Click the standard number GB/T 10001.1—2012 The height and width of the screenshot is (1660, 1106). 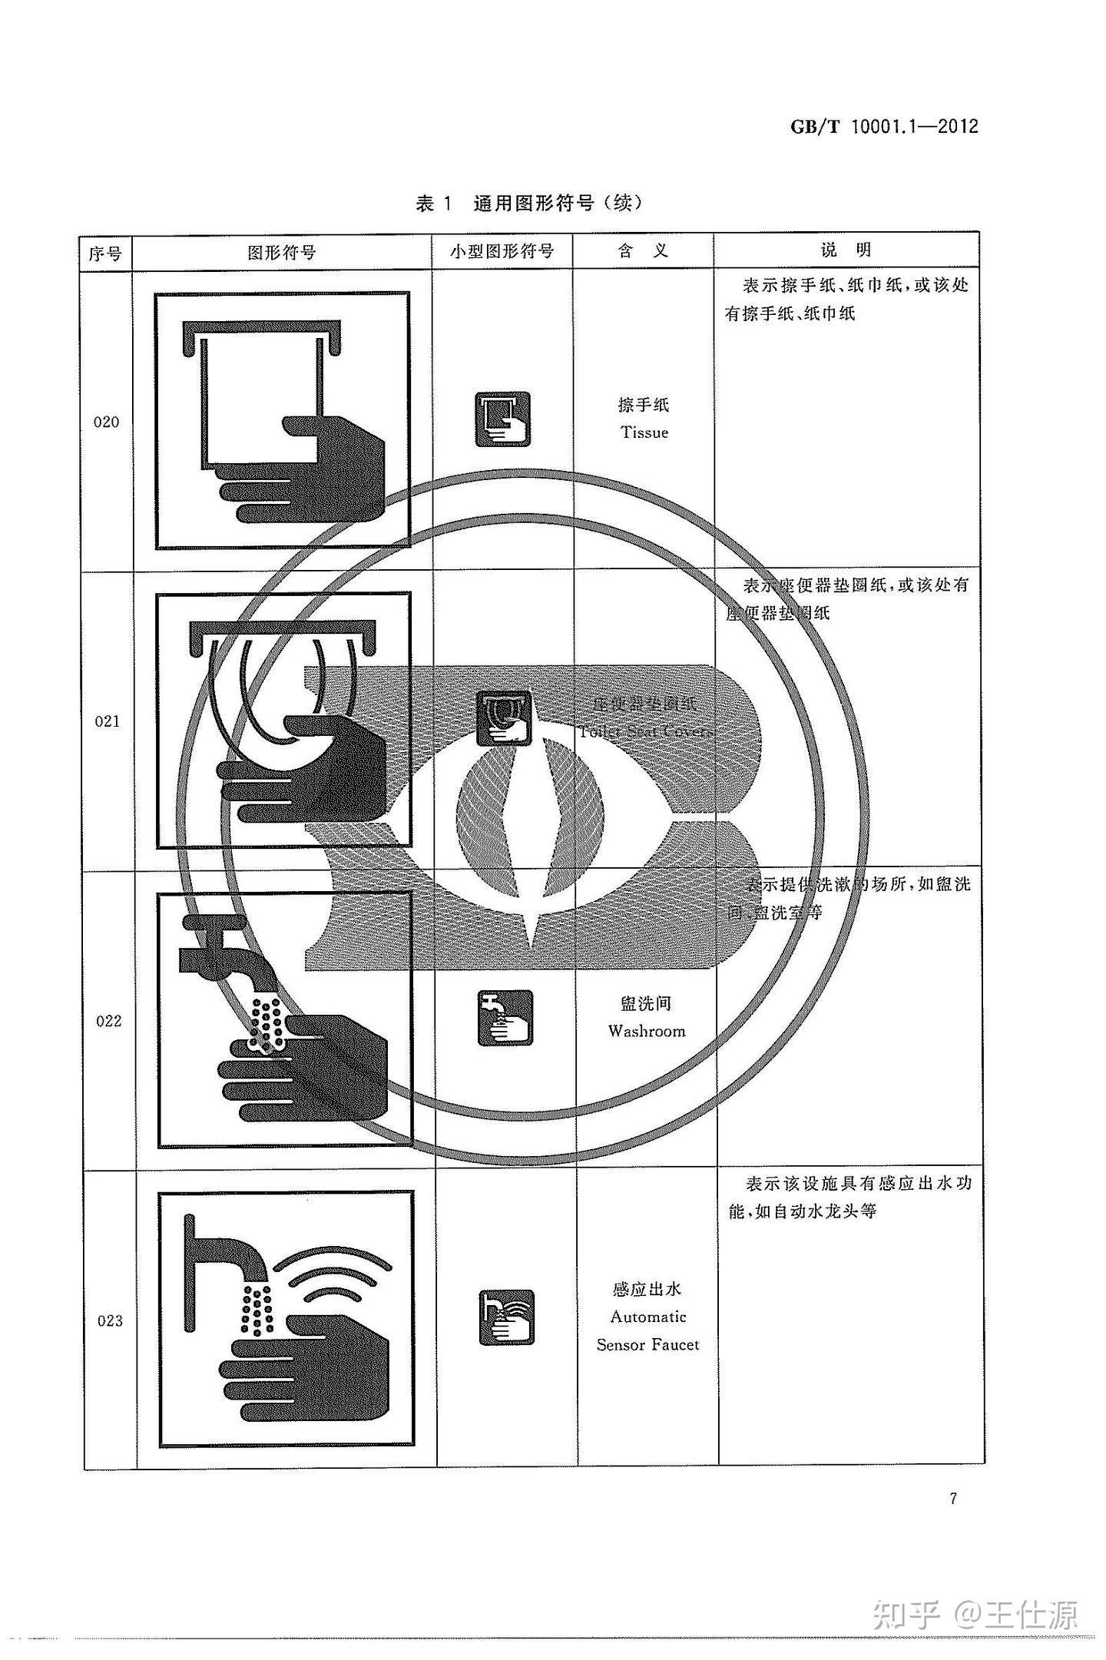[x=884, y=127]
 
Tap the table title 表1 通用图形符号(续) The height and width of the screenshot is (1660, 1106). [x=528, y=204]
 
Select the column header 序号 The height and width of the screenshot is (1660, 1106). [x=105, y=253]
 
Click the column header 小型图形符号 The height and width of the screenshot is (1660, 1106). [x=502, y=251]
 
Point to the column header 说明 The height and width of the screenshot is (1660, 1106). [x=846, y=250]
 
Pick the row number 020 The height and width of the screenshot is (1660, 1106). [x=106, y=422]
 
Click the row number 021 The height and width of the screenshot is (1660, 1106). [x=107, y=721]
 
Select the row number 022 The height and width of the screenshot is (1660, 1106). [x=108, y=1021]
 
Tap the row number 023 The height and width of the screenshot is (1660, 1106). [x=110, y=1320]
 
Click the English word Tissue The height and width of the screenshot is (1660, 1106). [x=644, y=432]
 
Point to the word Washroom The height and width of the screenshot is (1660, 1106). [x=647, y=1032]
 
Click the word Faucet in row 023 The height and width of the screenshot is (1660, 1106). [x=677, y=1345]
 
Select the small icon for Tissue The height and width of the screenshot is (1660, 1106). [x=503, y=419]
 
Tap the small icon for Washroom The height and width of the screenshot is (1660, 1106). [x=505, y=1018]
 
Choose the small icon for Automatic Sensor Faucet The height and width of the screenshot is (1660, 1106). [x=506, y=1317]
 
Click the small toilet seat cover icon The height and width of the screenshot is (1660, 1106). [x=504, y=718]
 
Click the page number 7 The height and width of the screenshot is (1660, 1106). [x=953, y=1499]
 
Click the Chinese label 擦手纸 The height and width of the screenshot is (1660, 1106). [x=644, y=405]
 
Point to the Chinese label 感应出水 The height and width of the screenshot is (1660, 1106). [x=647, y=1289]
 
